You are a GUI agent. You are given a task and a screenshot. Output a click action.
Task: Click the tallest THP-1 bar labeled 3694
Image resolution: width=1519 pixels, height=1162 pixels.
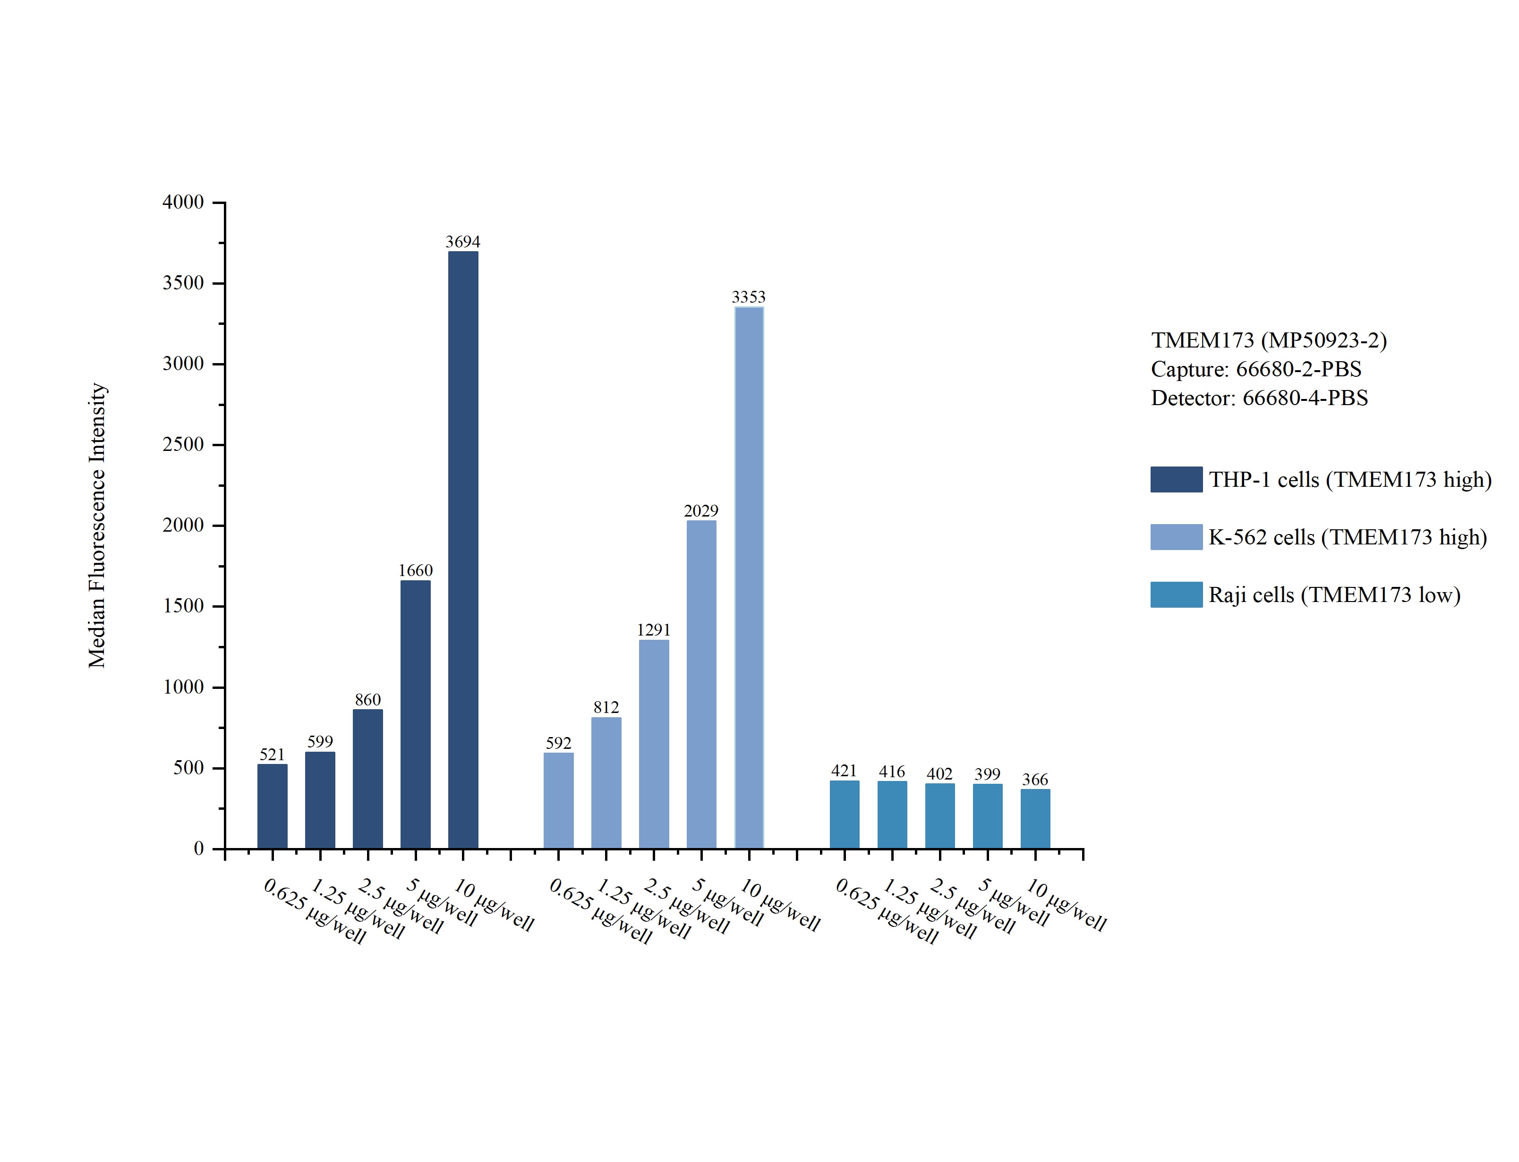(x=463, y=550)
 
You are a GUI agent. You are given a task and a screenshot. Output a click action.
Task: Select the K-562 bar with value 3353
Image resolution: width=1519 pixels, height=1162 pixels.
(x=749, y=577)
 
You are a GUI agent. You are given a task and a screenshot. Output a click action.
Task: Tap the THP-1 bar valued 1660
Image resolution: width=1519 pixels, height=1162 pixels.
(x=415, y=714)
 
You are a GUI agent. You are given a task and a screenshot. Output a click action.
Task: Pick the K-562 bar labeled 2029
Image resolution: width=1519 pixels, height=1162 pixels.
(x=701, y=684)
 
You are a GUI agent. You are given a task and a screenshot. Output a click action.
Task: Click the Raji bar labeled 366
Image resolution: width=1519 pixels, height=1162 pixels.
(x=1035, y=818)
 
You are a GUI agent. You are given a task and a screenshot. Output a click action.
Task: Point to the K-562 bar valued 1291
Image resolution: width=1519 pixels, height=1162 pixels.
(x=654, y=744)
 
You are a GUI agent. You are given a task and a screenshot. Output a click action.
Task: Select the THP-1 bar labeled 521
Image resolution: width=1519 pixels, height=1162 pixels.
(x=273, y=806)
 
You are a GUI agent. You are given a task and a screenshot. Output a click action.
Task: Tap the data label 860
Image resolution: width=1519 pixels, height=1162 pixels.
(x=367, y=699)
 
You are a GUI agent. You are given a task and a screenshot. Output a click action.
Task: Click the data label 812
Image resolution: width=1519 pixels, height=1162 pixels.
(x=606, y=707)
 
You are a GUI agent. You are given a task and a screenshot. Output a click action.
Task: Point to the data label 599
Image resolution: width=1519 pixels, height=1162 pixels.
(x=320, y=741)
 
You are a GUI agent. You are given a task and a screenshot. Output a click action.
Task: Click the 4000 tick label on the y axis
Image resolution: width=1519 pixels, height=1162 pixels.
(x=183, y=202)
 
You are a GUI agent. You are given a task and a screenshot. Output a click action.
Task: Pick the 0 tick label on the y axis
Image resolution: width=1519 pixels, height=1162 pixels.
(x=198, y=848)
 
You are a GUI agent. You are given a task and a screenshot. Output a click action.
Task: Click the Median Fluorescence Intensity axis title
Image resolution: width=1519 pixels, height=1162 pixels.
(x=97, y=525)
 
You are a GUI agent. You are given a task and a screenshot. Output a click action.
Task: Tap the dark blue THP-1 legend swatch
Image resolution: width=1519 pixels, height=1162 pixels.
(x=1176, y=479)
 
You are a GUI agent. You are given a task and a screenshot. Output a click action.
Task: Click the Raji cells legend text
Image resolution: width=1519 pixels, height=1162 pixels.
(x=1334, y=595)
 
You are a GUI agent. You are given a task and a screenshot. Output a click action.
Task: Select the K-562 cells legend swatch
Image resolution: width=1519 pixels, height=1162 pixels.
(x=1176, y=537)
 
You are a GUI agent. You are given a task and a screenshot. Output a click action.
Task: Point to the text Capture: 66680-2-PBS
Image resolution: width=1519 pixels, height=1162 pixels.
(x=1255, y=369)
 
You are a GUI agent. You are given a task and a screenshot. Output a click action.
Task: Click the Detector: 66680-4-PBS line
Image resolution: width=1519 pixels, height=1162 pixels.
(x=1259, y=398)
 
